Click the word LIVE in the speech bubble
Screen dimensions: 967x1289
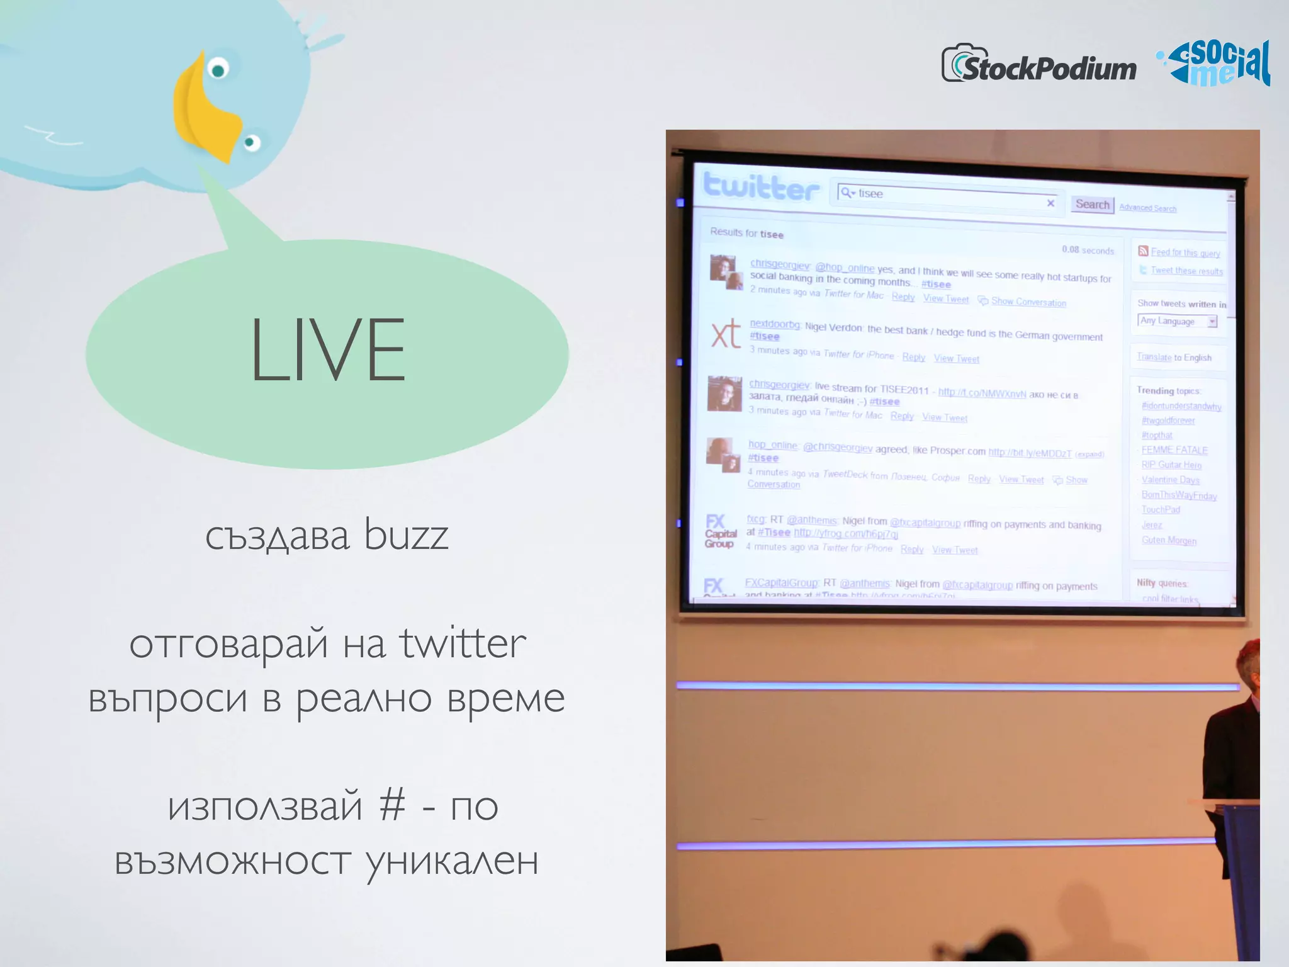327,349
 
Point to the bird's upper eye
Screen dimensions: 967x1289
218,69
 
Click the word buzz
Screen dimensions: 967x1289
406,535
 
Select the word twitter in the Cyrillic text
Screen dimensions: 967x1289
463,643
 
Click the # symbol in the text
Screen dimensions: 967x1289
392,806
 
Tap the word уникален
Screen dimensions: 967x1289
451,861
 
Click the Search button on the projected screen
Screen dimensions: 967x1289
1092,204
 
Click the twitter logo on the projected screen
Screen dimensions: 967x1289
761,186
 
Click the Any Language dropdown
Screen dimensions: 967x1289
1176,321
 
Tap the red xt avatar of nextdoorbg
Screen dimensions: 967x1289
725,334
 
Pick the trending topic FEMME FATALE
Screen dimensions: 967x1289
1174,450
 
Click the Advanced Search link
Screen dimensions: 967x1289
1147,208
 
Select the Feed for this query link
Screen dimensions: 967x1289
1185,252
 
